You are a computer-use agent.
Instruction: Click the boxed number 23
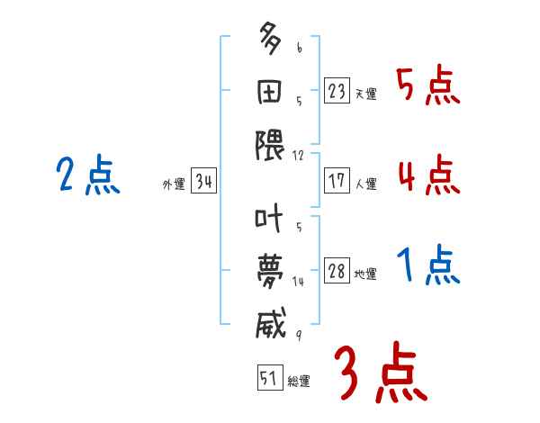tap(337, 91)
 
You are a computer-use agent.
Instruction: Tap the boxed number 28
tap(337, 271)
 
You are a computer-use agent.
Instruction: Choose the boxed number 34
tap(203, 182)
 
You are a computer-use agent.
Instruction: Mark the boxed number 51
tap(269, 378)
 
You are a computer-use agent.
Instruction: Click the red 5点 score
tap(427, 87)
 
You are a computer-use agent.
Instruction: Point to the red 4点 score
tap(427, 175)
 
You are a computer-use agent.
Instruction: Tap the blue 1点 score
tap(427, 266)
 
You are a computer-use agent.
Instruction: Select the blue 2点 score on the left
tap(87, 175)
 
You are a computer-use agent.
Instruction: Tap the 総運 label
tap(299, 382)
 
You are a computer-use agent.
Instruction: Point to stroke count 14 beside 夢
tap(298, 282)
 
